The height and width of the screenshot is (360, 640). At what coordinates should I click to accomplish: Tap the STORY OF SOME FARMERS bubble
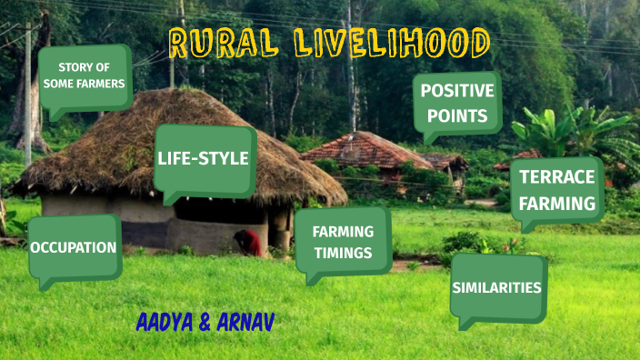coord(85,76)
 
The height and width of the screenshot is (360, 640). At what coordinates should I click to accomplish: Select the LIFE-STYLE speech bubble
coord(203,159)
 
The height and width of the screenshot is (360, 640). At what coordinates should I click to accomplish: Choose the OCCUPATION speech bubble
coord(74,247)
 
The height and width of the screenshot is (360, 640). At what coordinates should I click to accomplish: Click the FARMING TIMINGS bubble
coord(343,242)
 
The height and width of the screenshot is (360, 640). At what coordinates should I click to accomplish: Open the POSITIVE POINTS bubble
coord(457,104)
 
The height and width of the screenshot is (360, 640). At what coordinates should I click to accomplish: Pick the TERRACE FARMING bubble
coord(557,190)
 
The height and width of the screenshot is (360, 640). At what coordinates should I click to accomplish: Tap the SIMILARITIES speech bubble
coord(496,288)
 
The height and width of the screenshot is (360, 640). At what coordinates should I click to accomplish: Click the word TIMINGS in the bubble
coord(343,252)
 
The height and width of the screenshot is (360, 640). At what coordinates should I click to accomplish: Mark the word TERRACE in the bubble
coord(557,177)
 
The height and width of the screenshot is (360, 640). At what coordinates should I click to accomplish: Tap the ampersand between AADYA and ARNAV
coord(205,323)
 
